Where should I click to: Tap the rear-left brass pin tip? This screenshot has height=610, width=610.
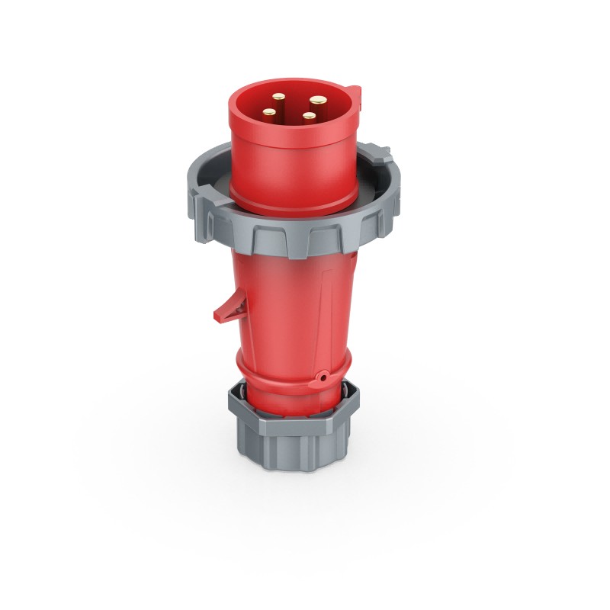pyautogui.click(x=279, y=98)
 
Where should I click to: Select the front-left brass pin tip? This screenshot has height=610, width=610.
pyautogui.click(x=269, y=113)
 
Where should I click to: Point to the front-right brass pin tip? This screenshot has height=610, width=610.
pyautogui.click(x=308, y=117)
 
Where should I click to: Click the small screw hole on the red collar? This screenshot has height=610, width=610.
pyautogui.click(x=323, y=376)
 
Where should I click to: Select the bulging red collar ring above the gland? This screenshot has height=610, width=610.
pyautogui.click(x=290, y=374)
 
